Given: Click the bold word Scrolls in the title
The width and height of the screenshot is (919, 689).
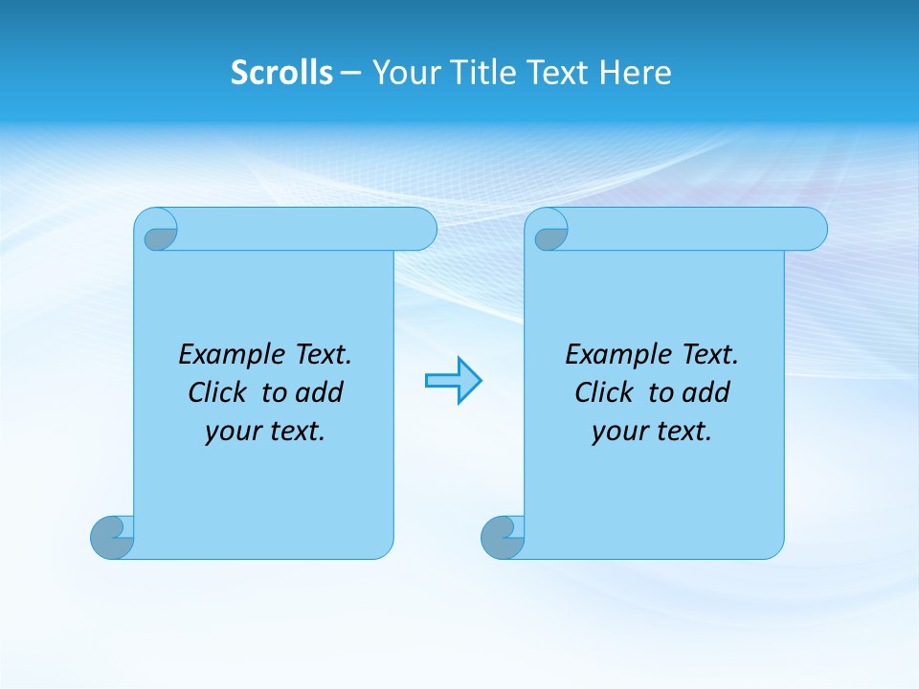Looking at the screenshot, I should [x=281, y=73].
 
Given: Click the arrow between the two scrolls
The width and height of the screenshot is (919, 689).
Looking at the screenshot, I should [x=453, y=381].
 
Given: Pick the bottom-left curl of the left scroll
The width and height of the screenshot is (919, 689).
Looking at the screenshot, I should [x=112, y=537].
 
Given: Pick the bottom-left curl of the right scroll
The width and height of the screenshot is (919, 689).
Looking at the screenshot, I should [x=503, y=537].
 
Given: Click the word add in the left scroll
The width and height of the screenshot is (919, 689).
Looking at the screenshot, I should [x=320, y=392].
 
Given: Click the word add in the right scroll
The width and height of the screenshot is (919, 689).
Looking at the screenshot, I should [x=706, y=392].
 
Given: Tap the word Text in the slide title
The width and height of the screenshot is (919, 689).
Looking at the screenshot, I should [x=555, y=73].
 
